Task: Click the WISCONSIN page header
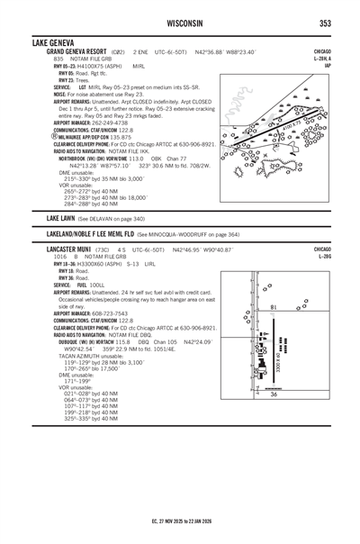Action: pos(180,22)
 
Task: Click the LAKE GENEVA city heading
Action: pos(53,42)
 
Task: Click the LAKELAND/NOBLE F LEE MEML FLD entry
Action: pos(86,232)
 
